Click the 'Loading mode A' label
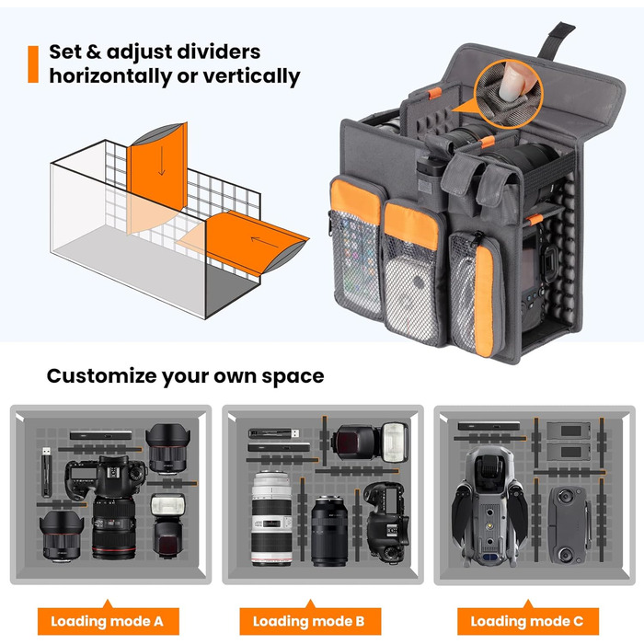[108, 621]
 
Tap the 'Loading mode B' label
[309, 621]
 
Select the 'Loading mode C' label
[527, 621]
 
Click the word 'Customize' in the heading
[102, 376]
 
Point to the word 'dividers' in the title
[218, 52]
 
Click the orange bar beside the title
[33, 64]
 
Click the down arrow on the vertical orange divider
[162, 161]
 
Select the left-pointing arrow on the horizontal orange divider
[265, 242]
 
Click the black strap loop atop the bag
[557, 40]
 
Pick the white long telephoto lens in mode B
[271, 518]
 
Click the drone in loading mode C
[489, 507]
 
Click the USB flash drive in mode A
[46, 471]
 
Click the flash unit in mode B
[370, 443]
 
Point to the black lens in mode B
[329, 531]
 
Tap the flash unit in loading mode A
[167, 525]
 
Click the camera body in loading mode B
[387, 523]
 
